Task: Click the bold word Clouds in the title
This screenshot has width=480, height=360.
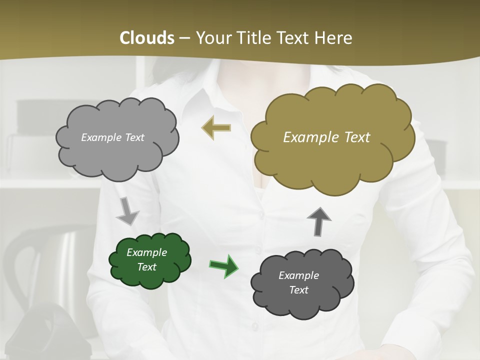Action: [146, 38]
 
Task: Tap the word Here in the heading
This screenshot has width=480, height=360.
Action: [335, 38]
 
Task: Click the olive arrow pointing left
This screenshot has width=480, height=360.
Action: [216, 128]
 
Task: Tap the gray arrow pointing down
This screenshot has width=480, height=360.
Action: [127, 211]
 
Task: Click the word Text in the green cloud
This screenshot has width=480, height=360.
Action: [147, 267]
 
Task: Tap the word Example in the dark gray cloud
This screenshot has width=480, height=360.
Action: [298, 275]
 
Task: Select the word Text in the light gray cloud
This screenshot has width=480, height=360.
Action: [134, 137]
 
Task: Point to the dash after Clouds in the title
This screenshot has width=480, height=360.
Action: [184, 38]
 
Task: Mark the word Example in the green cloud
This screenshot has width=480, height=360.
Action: [147, 252]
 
